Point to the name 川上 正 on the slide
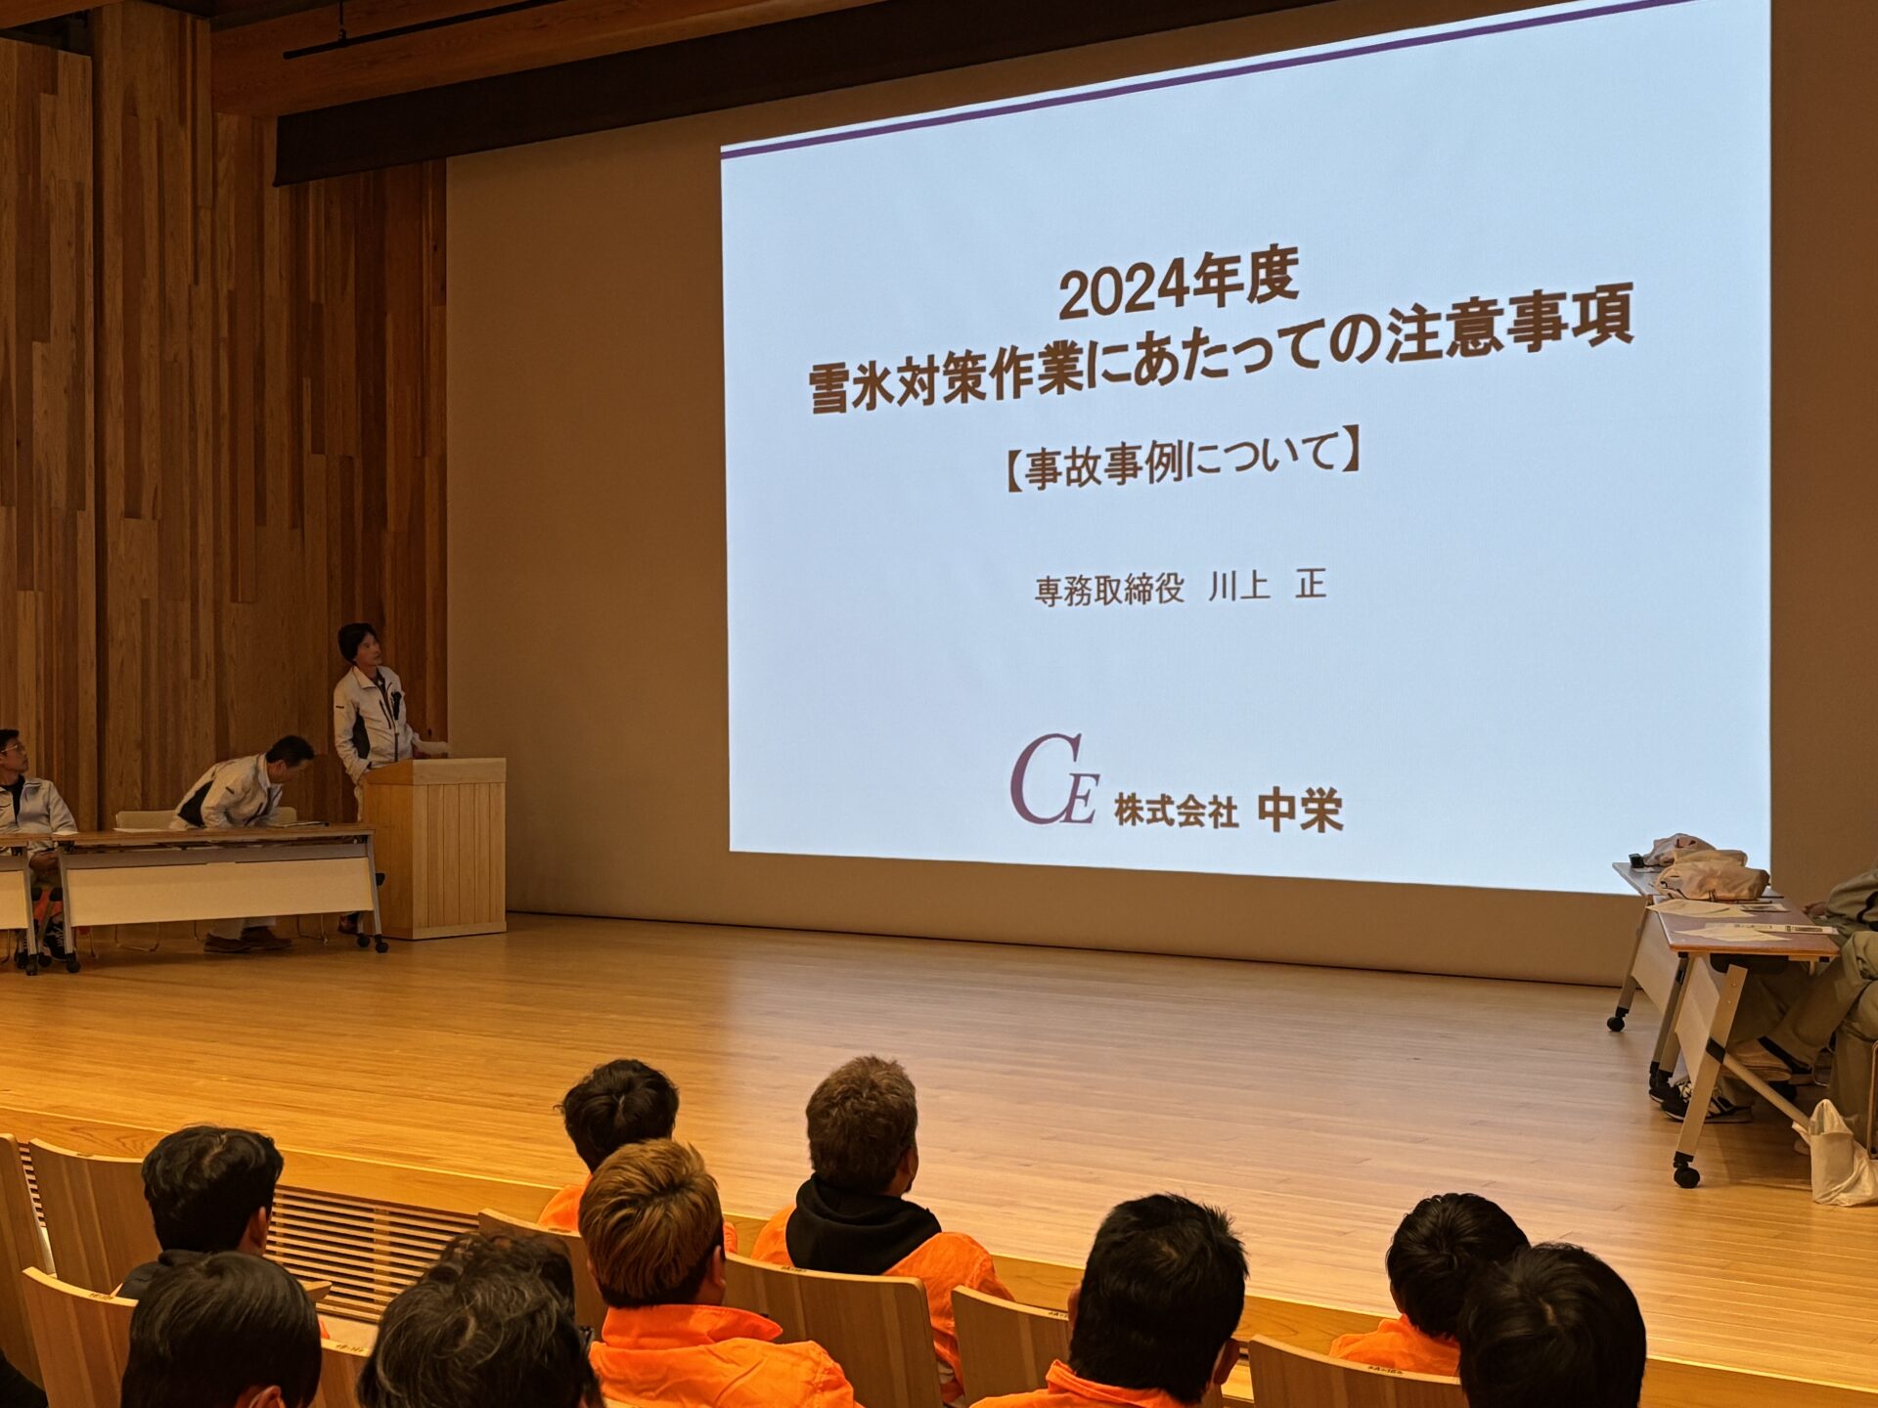coord(1268,586)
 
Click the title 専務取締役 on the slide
coord(1109,590)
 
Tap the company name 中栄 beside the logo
coord(1300,811)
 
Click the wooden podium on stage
coord(436,846)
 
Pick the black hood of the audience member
coord(861,1222)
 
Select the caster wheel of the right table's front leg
coord(1685,1172)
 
